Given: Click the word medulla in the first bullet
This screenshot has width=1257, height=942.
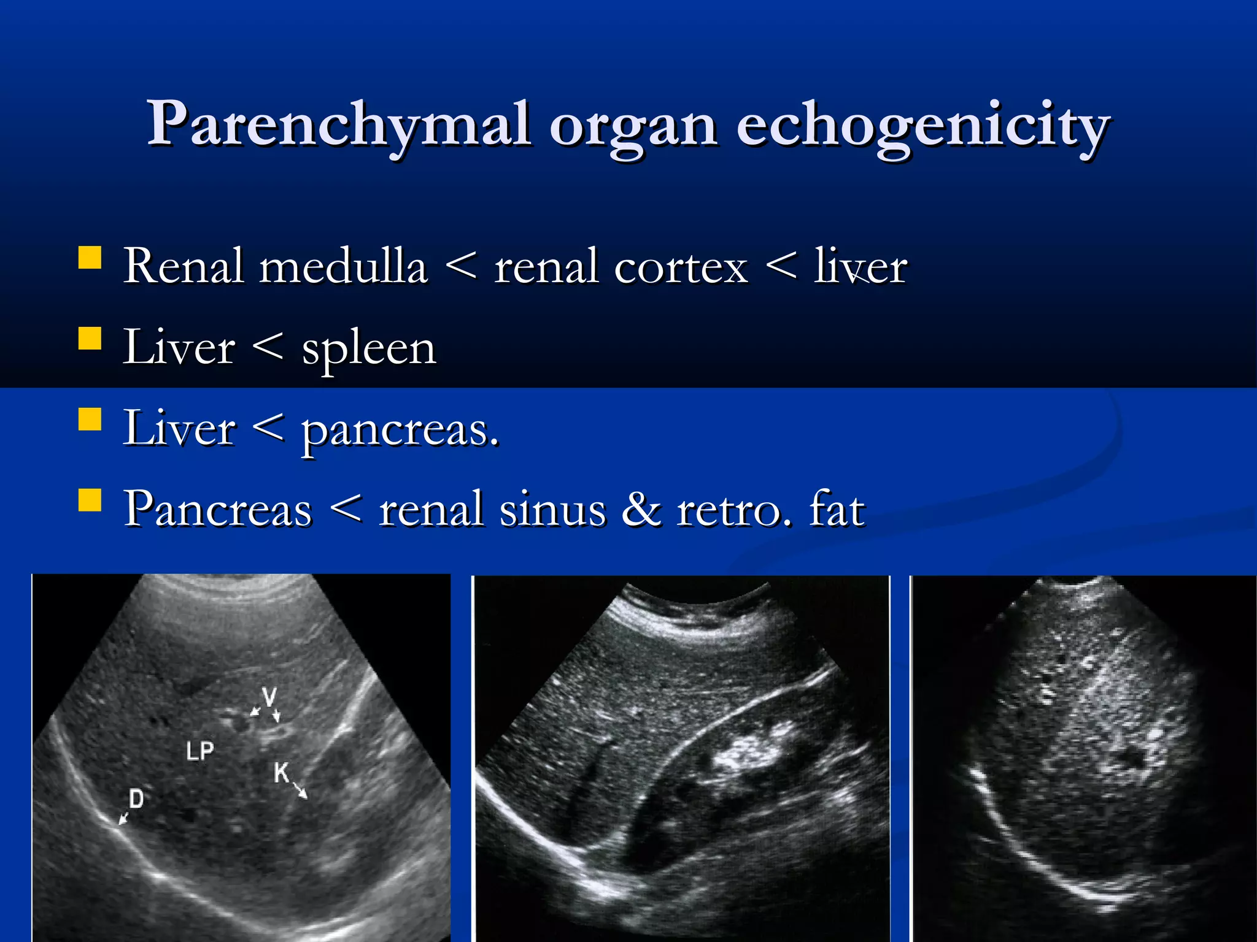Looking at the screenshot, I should point(343,267).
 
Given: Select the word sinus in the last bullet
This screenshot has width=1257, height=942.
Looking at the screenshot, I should point(552,510).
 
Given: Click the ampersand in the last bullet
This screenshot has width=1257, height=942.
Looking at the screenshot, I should point(641,510).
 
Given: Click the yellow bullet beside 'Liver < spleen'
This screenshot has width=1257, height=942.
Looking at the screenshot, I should point(90,338).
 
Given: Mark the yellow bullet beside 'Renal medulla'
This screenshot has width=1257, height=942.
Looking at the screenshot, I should point(90,258).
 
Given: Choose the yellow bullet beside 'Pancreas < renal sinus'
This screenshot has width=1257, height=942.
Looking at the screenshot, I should point(90,500).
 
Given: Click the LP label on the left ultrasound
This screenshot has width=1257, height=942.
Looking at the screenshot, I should point(200,751).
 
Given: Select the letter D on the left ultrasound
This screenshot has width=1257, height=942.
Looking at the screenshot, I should point(136,798).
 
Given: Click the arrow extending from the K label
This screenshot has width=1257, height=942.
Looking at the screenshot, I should point(300,790).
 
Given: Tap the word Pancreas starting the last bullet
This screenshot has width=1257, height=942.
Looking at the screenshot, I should point(218,510).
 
